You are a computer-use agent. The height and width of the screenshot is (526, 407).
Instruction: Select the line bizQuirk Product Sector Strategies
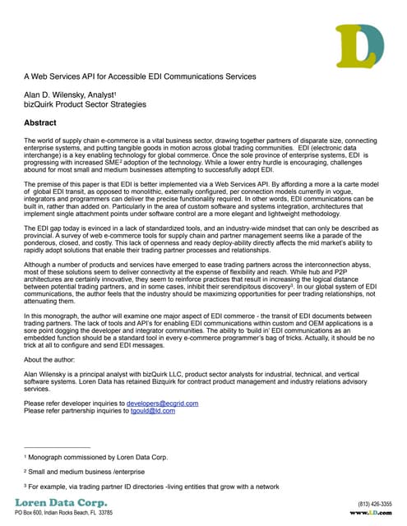(x=84, y=105)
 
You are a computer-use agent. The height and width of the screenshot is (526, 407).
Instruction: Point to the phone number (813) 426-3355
(x=375, y=503)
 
